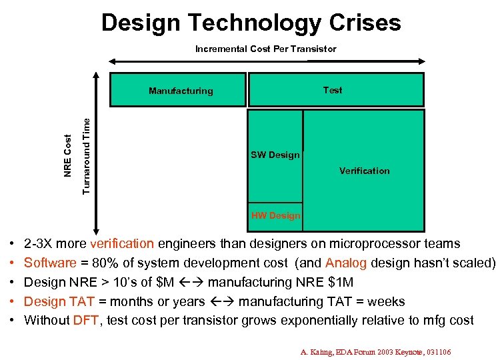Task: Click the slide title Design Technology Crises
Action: pyautogui.click(x=251, y=23)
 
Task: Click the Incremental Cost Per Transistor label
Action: pyautogui.click(x=265, y=49)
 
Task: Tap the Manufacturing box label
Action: pyautogui.click(x=181, y=91)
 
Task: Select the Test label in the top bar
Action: pyautogui.click(x=332, y=90)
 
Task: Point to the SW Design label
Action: pyautogui.click(x=275, y=155)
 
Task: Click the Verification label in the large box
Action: pyautogui.click(x=364, y=171)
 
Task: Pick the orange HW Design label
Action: pyautogui.click(x=275, y=215)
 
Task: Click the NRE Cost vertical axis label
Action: pyautogui.click(x=68, y=155)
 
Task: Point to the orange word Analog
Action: pyautogui.click(x=346, y=263)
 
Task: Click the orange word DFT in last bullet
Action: pyautogui.click(x=86, y=320)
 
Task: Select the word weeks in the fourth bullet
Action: pyautogui.click(x=386, y=301)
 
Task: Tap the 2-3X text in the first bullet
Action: pyautogui.click(x=39, y=244)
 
